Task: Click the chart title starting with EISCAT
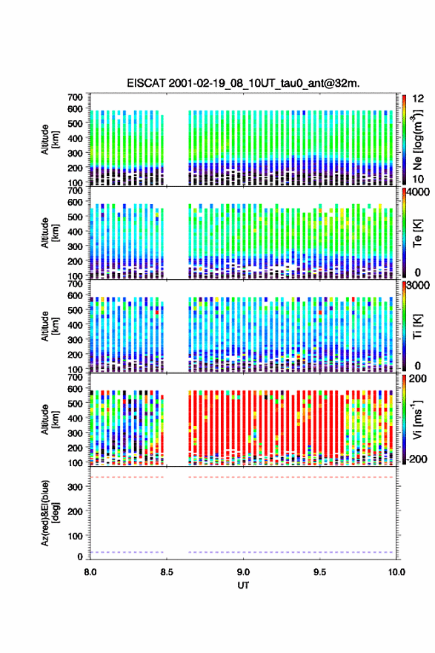(x=243, y=83)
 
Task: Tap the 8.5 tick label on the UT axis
(x=166, y=572)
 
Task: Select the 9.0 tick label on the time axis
(x=243, y=572)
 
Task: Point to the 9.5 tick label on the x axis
(x=320, y=572)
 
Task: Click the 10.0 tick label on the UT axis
(x=396, y=572)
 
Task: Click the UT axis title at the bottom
(x=243, y=585)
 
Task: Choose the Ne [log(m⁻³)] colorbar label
(x=417, y=140)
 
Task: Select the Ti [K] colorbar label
(x=417, y=326)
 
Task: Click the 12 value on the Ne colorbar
(x=419, y=99)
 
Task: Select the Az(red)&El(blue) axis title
(x=48, y=513)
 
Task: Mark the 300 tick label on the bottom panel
(x=76, y=487)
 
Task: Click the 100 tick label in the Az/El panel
(x=76, y=536)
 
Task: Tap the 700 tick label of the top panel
(x=76, y=97)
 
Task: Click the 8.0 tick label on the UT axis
(x=90, y=572)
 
